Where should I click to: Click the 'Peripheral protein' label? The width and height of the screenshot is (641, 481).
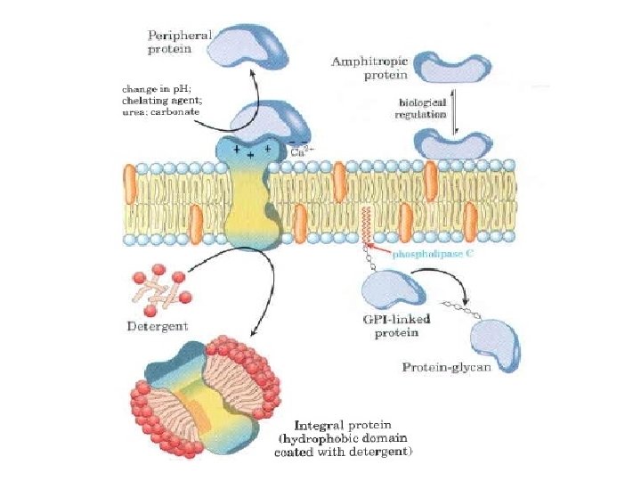[178, 41]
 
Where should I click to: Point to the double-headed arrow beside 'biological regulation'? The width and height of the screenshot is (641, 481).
[456, 113]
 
